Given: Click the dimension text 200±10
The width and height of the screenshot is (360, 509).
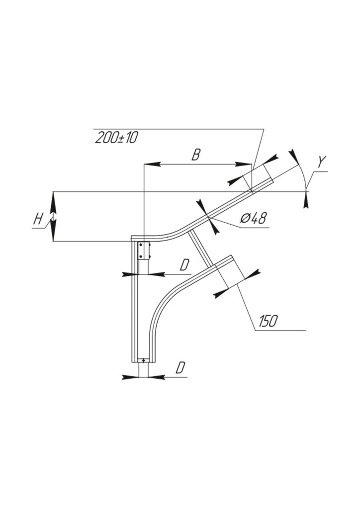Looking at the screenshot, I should [116, 138].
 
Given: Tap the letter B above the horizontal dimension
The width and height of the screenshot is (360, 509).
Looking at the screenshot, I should [196, 155].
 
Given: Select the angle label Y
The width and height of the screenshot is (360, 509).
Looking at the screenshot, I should [322, 162].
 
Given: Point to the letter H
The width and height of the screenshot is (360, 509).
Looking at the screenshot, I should [38, 219].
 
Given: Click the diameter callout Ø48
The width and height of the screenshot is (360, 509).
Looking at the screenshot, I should [253, 219].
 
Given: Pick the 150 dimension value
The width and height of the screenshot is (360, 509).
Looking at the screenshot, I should [268, 321].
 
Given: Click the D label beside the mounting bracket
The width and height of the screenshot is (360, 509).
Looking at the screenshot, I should [184, 265].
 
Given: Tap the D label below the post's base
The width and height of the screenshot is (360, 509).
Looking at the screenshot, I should [181, 368].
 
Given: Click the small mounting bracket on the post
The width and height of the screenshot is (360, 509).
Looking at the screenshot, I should [144, 251].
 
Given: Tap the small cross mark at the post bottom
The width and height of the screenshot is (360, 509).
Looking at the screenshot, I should [144, 360].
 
